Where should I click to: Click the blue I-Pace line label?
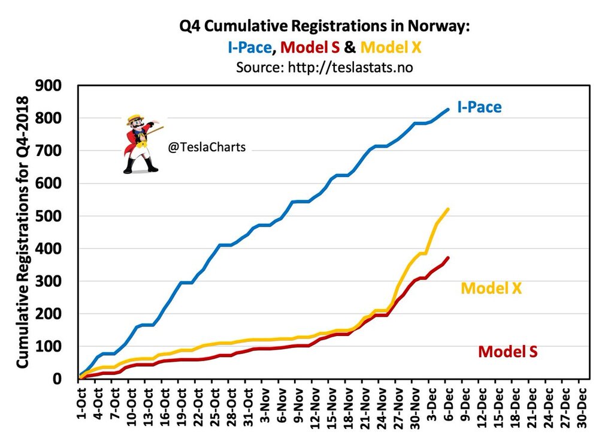tap(479, 108)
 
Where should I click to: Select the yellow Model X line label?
tap(491, 288)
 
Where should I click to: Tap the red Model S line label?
tap(507, 351)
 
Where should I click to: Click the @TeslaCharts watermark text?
tap(207, 146)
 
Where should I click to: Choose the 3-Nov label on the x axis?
tap(265, 407)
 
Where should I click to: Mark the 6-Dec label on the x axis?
tap(447, 407)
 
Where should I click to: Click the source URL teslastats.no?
tap(349, 68)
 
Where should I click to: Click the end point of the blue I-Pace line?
tap(448, 109)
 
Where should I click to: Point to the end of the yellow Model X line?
tap(448, 209)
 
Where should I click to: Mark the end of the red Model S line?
tap(448, 258)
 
